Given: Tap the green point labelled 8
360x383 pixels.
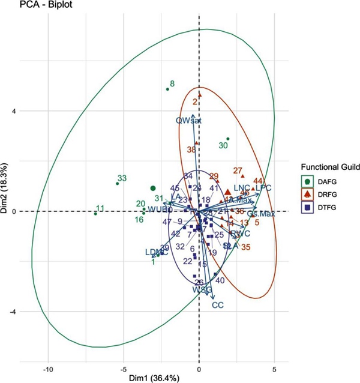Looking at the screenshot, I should pyautogui.click(x=167, y=89).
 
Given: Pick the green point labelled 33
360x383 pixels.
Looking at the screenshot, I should pyautogui.click(x=117, y=184).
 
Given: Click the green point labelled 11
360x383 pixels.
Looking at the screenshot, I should pyautogui.click(x=95, y=214).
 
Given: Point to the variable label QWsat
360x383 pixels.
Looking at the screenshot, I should pyautogui.click(x=188, y=121).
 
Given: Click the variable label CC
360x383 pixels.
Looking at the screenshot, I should pyautogui.click(x=218, y=305).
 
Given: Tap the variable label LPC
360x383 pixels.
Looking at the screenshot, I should pyautogui.click(x=263, y=188).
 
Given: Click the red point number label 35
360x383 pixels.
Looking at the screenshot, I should pyautogui.click(x=246, y=247).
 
